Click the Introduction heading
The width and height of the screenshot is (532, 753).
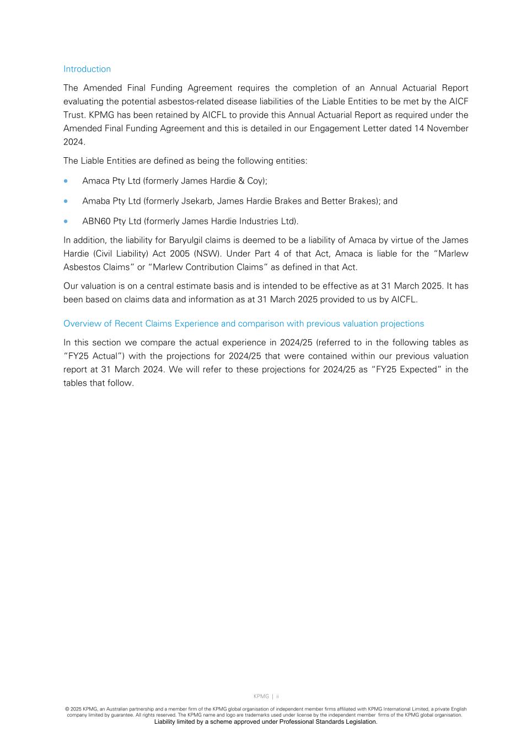click(x=87, y=69)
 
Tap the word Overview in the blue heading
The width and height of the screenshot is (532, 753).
click(x=81, y=324)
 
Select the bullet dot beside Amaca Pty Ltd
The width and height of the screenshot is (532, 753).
click(x=66, y=181)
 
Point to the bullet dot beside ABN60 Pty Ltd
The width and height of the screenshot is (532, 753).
click(x=66, y=221)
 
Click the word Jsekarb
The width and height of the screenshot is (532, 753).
click(x=197, y=201)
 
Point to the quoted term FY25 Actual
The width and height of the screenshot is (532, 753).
click(x=93, y=356)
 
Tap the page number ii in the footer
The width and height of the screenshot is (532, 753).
click(x=277, y=697)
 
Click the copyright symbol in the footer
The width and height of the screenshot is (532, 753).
click(x=67, y=709)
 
